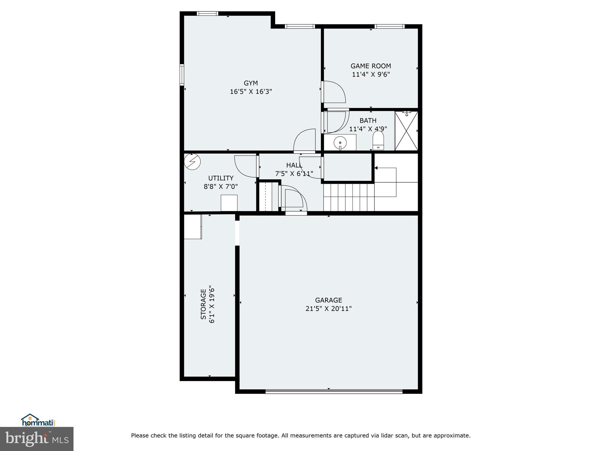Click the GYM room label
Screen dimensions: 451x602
[250, 83]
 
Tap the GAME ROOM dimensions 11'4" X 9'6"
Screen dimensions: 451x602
[371, 75]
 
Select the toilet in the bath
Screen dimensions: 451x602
[378, 140]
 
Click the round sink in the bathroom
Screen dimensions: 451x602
[340, 143]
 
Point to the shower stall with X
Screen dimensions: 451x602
[406, 131]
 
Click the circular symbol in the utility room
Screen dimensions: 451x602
[192, 162]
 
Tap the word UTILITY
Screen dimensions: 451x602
[221, 178]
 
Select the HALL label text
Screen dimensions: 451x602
[294, 165]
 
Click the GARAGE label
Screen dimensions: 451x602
[328, 300]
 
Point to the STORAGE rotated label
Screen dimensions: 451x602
[203, 304]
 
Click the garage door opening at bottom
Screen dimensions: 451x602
[334, 391]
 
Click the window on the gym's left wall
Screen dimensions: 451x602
[182, 75]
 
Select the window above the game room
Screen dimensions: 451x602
[389, 26]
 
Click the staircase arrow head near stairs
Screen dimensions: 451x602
[376, 168]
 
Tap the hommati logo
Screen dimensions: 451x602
[38, 420]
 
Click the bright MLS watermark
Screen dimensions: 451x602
[37, 439]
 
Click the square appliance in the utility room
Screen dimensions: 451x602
[229, 203]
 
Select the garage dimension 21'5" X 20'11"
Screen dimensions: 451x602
[328, 309]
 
